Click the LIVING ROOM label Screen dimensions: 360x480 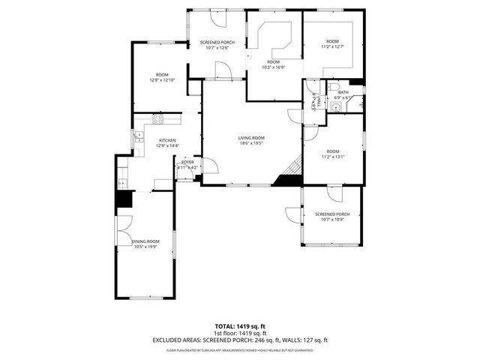[x=252, y=137]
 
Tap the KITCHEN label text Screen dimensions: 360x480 [x=166, y=140]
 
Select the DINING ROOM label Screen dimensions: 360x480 [x=146, y=241]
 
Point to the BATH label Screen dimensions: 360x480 [x=343, y=92]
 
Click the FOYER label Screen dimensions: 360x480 [x=187, y=162]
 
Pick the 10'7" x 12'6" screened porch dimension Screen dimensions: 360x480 [x=217, y=48]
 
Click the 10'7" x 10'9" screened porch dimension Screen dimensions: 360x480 [x=331, y=219]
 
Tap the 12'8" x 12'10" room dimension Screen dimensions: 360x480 [x=162, y=80]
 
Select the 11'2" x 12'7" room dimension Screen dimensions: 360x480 [x=332, y=46]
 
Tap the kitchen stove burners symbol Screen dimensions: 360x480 [x=158, y=118]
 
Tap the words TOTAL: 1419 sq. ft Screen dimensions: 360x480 [x=240, y=326]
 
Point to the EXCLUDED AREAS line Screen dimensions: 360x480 [x=240, y=339]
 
